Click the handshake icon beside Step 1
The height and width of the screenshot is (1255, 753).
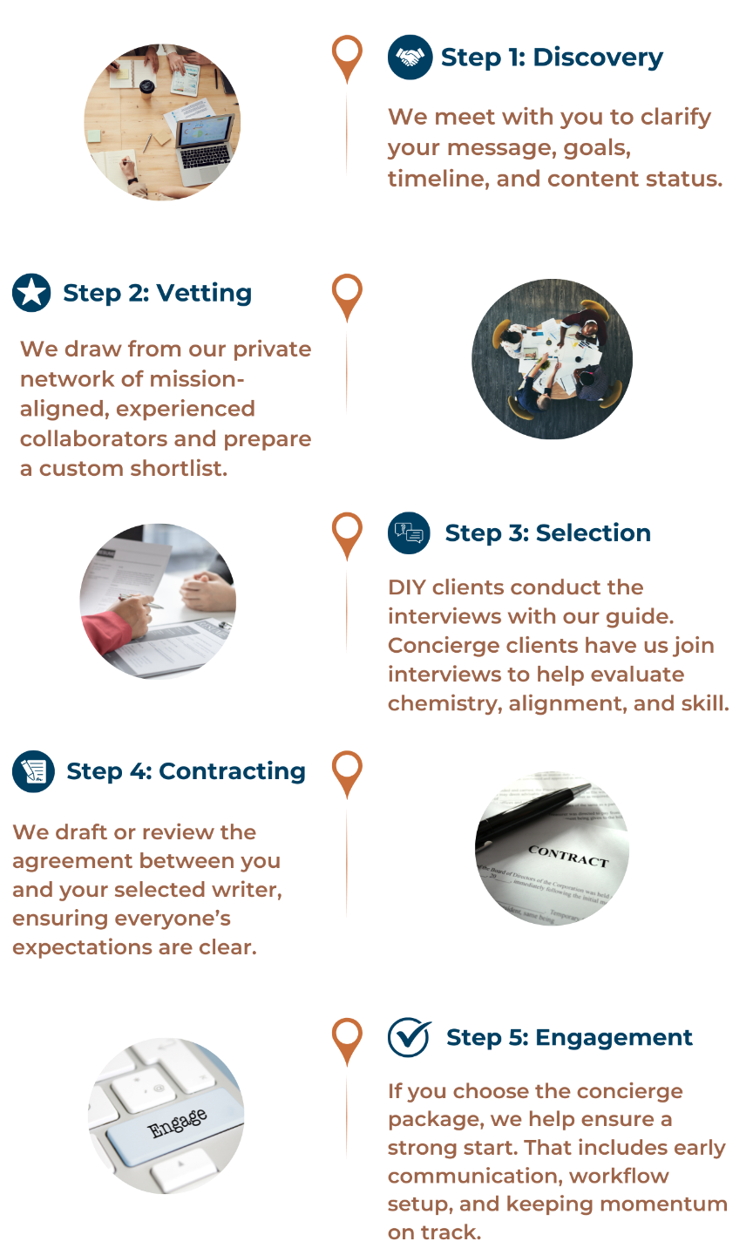coord(410,58)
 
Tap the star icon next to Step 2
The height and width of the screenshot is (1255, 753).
coord(31,293)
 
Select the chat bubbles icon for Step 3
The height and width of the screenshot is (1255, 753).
coord(409,533)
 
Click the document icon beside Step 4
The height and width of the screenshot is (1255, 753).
coord(33,771)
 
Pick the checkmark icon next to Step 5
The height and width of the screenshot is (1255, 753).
coord(409,1037)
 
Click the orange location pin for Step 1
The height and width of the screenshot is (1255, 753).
coord(347,54)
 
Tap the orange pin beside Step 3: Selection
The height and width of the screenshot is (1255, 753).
coord(347,531)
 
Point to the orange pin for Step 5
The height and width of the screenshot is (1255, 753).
coord(347,1036)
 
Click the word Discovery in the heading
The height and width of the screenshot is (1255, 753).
coord(598,58)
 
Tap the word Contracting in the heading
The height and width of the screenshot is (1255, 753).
coord(232,771)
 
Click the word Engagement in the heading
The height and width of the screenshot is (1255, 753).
coord(614,1037)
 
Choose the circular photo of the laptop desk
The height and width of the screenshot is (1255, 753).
coord(162,122)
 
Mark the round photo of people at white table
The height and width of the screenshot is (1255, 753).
coord(552,358)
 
